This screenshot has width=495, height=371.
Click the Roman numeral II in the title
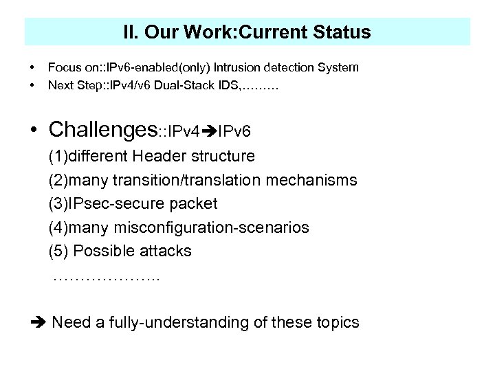(x=129, y=32)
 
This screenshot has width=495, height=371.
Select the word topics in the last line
(x=336, y=322)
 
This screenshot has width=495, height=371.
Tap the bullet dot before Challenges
(x=33, y=129)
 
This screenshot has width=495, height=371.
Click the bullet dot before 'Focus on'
(x=32, y=67)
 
